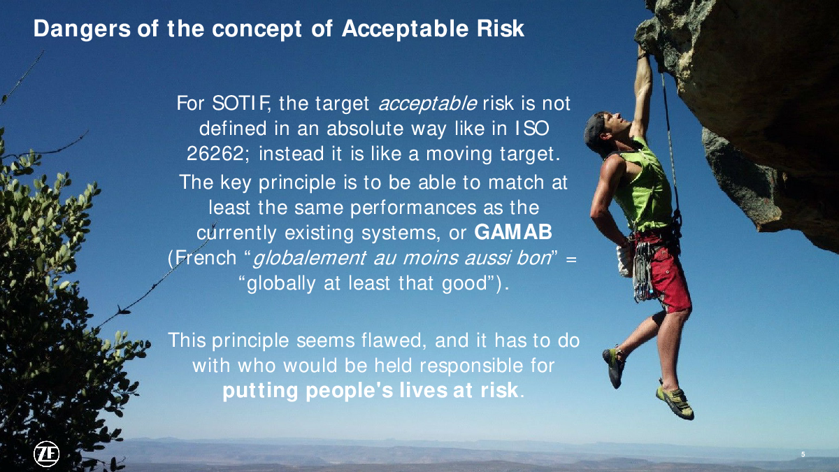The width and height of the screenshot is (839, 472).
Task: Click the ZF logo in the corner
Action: [46, 455]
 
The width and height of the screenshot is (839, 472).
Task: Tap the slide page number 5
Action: [803, 455]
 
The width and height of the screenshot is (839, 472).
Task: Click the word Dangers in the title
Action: [82, 29]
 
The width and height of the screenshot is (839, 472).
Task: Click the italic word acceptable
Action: [427, 103]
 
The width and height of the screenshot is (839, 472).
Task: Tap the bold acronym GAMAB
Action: [513, 232]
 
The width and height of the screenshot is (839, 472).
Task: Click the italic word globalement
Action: [309, 258]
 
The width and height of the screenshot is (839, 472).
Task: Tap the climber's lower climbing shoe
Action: [675, 401]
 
